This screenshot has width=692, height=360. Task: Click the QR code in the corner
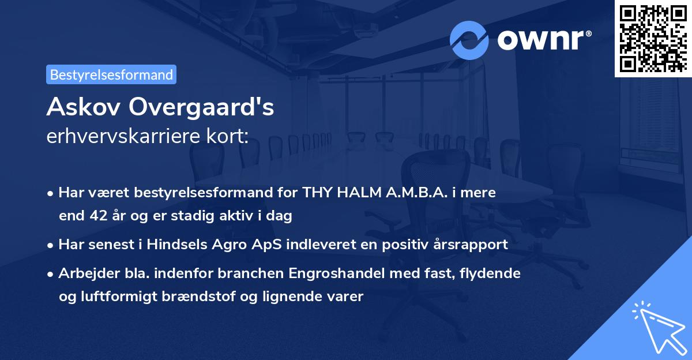click(x=653, y=39)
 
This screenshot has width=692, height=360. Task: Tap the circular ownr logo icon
click(x=469, y=40)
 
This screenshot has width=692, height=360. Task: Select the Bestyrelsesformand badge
click(x=111, y=74)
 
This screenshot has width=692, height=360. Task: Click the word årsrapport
click(x=469, y=245)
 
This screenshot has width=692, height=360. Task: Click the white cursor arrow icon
click(x=657, y=327)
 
